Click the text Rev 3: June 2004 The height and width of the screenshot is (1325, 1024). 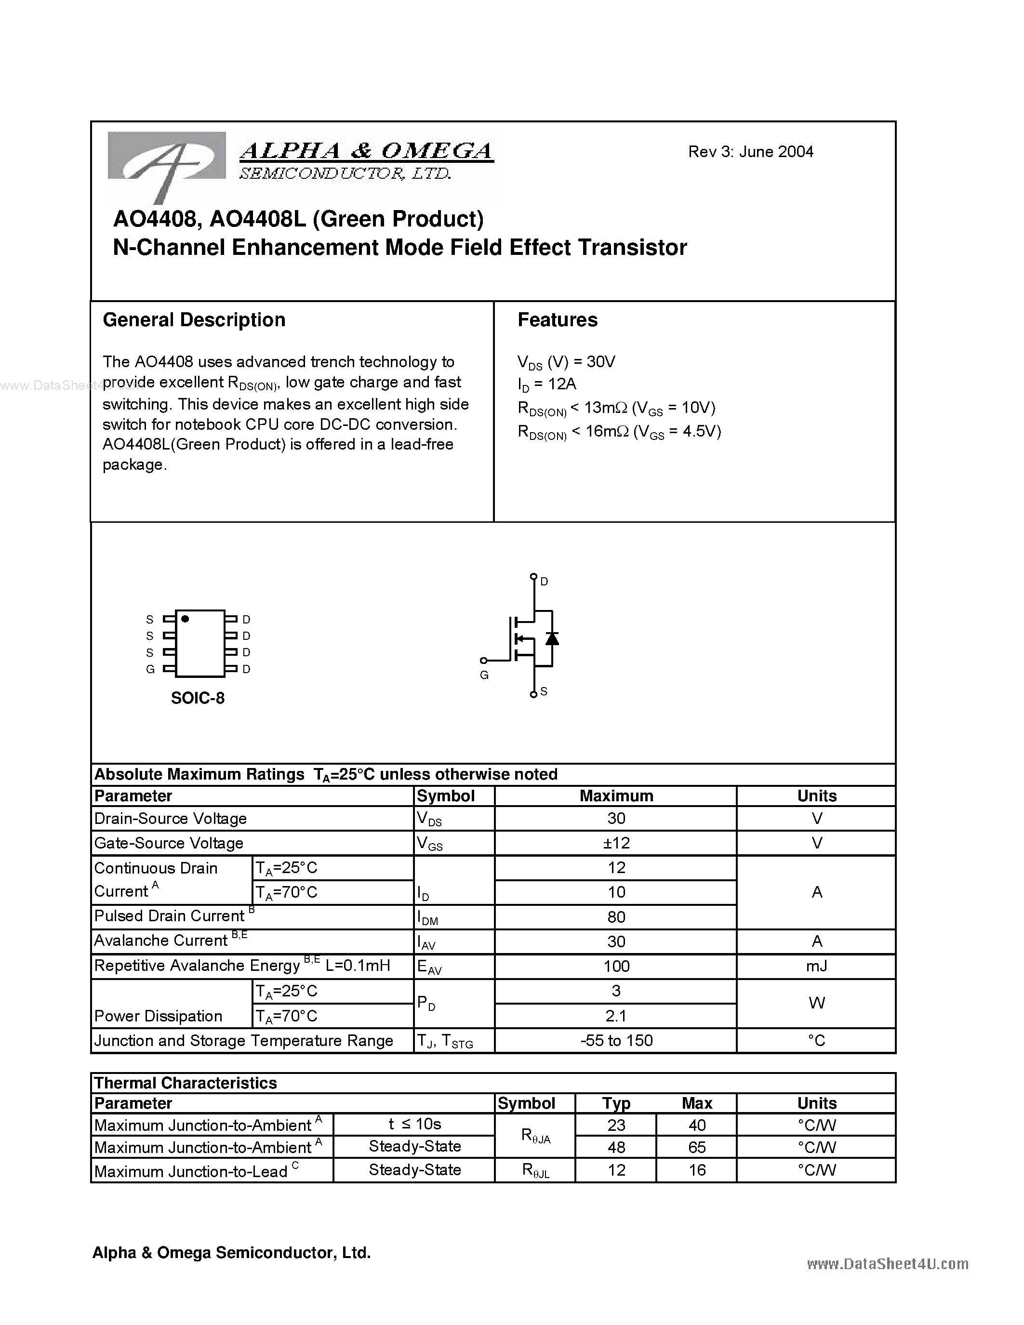pos(750,152)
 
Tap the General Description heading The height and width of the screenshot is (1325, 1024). pos(194,320)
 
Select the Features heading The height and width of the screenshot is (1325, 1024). pos(557,320)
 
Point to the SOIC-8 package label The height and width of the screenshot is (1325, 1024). pos(198,698)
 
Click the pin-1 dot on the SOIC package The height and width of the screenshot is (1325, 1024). pos(185,619)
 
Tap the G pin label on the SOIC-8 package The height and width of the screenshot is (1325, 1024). pos(150,669)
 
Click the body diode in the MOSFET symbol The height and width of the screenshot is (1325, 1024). pos(551,638)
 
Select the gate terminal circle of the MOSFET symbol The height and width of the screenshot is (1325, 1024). pos(483,660)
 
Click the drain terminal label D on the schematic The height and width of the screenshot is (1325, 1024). pos(544,581)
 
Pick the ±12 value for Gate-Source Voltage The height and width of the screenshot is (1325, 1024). pos(616,843)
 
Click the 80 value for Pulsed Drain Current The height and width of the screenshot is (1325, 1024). pos(616,917)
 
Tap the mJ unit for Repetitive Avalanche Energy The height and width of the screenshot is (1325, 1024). pos(816,967)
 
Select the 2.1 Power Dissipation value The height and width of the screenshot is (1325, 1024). pos(616,1016)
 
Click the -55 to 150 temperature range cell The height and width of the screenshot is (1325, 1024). pos(616,1040)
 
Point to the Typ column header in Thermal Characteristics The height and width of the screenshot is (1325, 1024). pos(616,1103)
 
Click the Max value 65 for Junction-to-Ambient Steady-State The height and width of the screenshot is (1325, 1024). pos(696,1147)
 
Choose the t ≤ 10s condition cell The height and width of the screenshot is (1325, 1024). pos(414,1124)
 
